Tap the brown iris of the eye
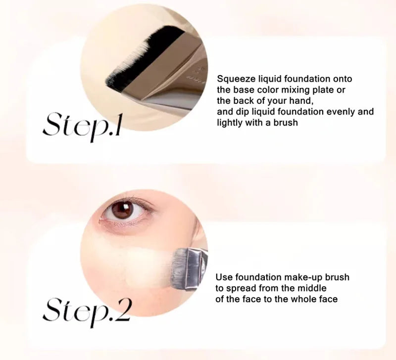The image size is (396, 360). (123, 210)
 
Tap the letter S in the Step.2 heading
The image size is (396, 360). (53, 310)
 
